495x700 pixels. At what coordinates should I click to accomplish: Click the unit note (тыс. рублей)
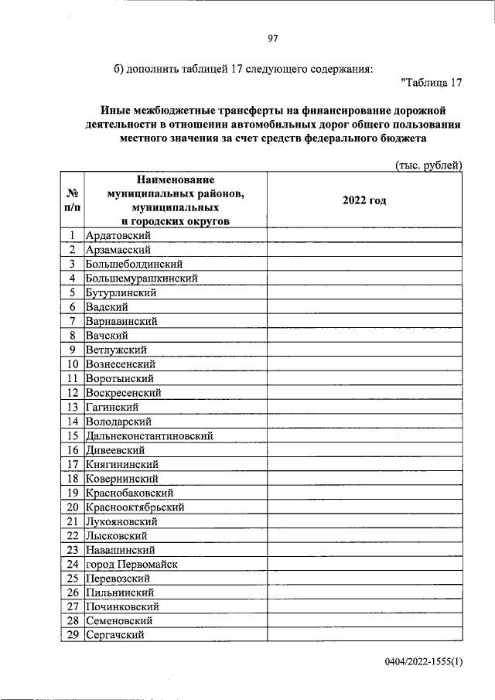428,165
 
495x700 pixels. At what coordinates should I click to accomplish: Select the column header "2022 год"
364,200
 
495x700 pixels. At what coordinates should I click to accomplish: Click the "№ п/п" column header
71,200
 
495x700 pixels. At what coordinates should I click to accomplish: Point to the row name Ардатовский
118,235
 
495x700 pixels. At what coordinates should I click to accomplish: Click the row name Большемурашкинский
142,278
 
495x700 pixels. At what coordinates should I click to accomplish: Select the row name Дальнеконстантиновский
149,435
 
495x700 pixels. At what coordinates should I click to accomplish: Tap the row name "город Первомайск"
131,564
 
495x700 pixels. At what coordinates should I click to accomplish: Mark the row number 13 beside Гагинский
72,407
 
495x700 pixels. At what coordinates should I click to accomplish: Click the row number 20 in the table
72,507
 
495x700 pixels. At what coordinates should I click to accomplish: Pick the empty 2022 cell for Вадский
364,306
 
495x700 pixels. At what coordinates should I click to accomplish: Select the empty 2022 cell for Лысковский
364,535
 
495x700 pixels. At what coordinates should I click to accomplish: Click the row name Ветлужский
117,350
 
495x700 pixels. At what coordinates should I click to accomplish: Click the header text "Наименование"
176,179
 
